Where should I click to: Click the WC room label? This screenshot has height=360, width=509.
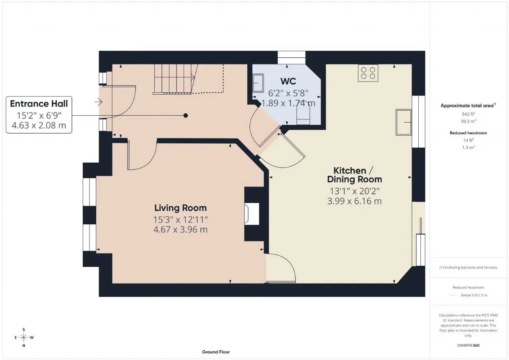(x=288, y=82)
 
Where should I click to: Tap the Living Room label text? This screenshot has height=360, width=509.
(x=181, y=208)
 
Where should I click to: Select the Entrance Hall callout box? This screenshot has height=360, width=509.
(x=39, y=115)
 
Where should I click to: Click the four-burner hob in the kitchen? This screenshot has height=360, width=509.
(x=368, y=73)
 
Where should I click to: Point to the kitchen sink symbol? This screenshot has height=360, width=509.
(x=404, y=122)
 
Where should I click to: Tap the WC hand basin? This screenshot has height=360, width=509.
(x=258, y=83)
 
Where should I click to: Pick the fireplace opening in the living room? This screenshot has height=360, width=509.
(x=252, y=214)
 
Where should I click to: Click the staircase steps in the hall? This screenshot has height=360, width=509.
(x=174, y=79)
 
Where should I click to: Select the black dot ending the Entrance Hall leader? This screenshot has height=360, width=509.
(x=186, y=115)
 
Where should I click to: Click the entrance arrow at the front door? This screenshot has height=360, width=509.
(x=98, y=102)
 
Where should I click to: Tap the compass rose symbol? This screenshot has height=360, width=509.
(x=23, y=337)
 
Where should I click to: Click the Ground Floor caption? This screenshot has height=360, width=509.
(x=216, y=352)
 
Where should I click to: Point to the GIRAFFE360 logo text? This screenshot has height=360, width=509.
(x=468, y=345)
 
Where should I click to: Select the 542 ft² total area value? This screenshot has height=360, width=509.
(x=468, y=114)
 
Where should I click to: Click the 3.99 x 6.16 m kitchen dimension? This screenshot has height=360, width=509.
(x=354, y=201)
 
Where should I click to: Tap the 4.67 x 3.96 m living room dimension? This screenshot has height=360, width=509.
(x=181, y=230)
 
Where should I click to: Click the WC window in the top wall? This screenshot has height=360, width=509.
(x=291, y=58)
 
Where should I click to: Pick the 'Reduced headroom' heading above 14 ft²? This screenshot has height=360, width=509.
(x=468, y=133)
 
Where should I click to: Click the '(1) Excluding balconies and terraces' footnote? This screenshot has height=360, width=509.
(x=468, y=267)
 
